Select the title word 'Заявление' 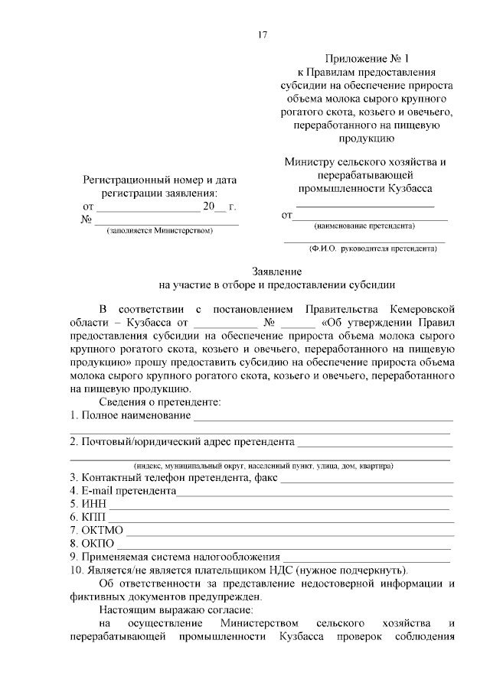click(x=276, y=271)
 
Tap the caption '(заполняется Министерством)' click(x=160, y=230)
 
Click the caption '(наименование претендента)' click(x=364, y=226)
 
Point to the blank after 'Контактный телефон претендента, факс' click(x=367, y=480)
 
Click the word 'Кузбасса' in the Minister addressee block click(x=410, y=188)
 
